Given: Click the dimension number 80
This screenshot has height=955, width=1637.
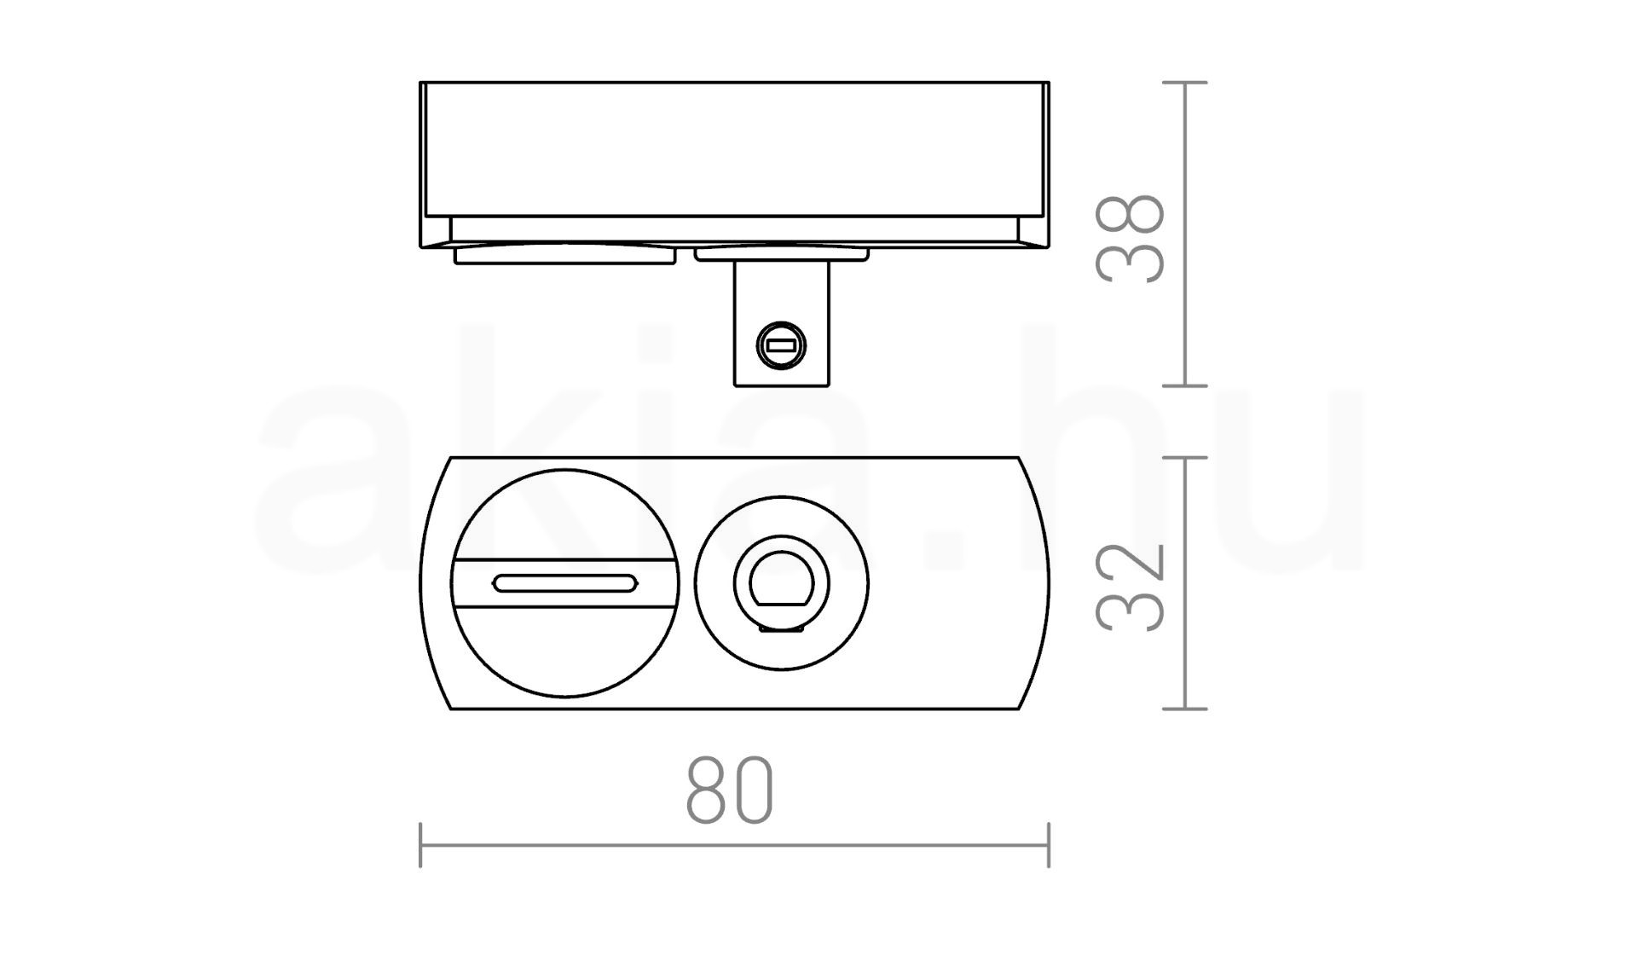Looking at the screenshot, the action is [x=730, y=790].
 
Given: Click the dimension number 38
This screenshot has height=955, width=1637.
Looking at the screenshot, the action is [x=1131, y=239].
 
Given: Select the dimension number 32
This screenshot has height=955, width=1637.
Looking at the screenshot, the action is [x=1131, y=587].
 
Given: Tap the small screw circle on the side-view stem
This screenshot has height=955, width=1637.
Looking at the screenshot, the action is [x=781, y=346].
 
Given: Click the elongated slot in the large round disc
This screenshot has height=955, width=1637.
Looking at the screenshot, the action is [x=564, y=583].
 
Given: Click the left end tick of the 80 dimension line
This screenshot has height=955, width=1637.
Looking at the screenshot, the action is [x=420, y=845].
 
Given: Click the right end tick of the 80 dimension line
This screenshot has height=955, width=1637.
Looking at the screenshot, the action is [x=1049, y=845].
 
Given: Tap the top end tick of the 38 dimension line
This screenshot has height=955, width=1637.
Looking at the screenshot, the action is [x=1185, y=83].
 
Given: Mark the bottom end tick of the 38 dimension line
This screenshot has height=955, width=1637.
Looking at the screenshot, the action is [x=1185, y=385].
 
